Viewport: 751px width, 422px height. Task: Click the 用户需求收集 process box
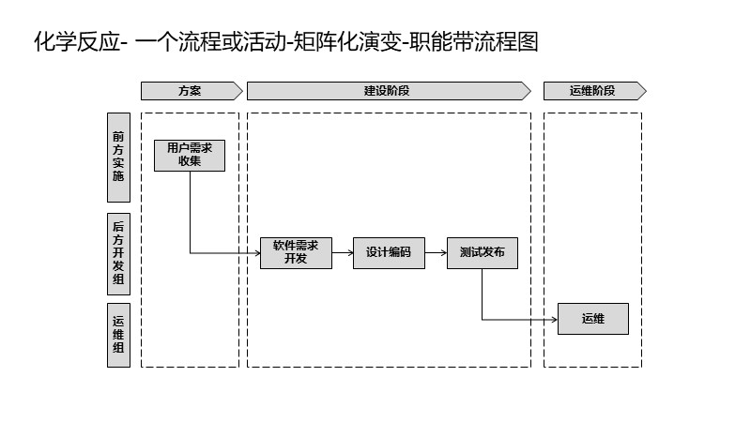click(190, 155)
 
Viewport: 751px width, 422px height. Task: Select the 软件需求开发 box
click(296, 252)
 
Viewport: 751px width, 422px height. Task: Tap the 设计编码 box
click(389, 252)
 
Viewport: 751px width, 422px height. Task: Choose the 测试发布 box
click(482, 252)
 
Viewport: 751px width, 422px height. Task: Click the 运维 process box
click(592, 319)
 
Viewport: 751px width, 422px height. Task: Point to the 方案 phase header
click(190, 91)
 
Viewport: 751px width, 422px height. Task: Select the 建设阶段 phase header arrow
click(388, 91)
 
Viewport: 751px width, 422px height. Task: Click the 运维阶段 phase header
click(593, 91)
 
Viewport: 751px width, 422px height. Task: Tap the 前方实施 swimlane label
click(118, 157)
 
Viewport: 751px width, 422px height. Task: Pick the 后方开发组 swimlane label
click(118, 253)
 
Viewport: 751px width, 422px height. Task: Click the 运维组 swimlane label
click(118, 334)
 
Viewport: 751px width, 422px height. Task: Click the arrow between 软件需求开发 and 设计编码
click(344, 252)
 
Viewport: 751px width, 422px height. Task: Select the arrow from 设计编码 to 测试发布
click(436, 252)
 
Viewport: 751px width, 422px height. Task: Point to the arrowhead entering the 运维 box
click(553, 319)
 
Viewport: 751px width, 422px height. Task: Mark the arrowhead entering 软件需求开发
click(255, 252)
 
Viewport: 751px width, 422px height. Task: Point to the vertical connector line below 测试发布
click(483, 294)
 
